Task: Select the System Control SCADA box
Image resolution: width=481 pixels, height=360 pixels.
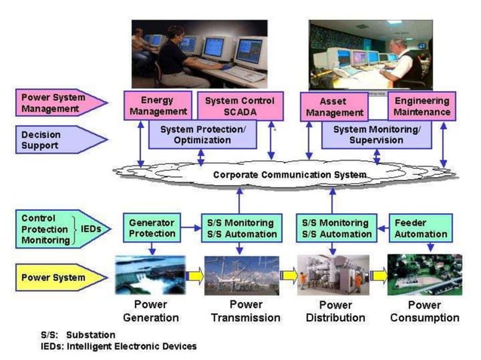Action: [240, 105]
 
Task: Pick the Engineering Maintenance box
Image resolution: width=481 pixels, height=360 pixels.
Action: [422, 106]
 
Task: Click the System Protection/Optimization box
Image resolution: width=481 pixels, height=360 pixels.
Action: [202, 135]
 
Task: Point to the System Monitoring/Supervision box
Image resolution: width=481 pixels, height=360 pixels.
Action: [368, 135]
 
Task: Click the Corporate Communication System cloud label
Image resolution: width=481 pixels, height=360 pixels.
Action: [290, 175]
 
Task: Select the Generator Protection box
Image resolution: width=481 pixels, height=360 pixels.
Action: [152, 228]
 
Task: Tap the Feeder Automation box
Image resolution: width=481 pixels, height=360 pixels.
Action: [421, 228]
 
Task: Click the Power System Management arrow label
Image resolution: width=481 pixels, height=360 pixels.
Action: [57, 103]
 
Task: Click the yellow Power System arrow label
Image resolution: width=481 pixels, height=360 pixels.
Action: [57, 277]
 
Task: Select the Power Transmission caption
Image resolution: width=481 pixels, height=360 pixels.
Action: [245, 311]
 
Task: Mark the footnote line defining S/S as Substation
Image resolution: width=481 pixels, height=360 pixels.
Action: [79, 334]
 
